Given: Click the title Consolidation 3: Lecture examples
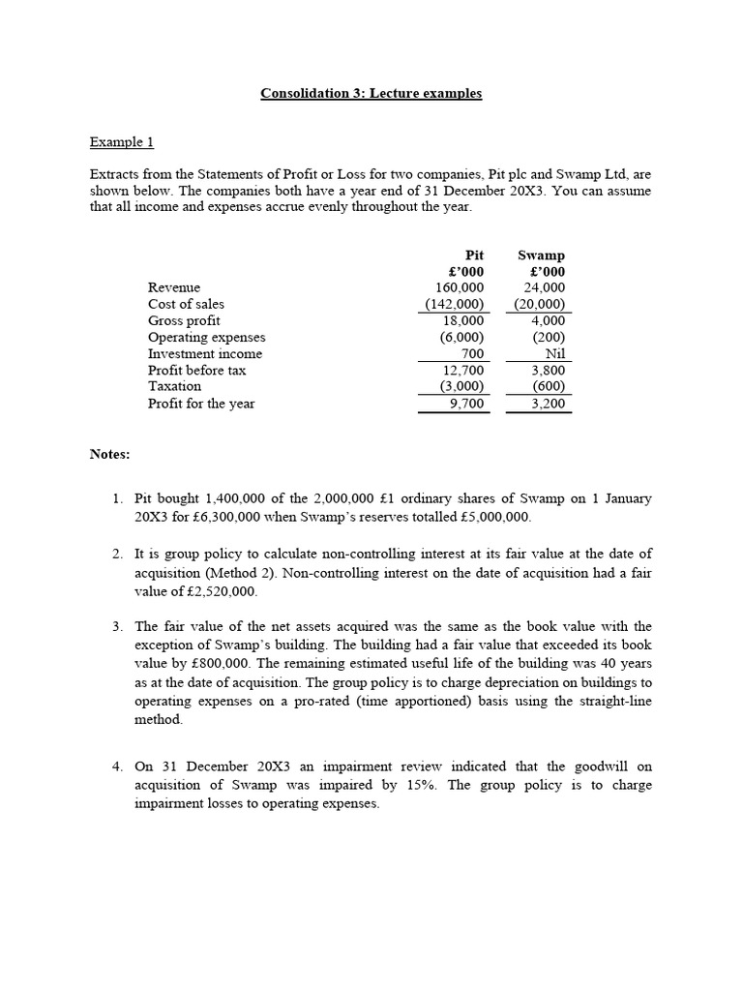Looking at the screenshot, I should tap(371, 94).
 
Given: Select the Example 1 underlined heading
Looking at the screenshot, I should tap(122, 142).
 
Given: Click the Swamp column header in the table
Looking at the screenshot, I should tap(541, 255).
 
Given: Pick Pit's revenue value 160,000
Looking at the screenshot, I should tap(460, 287).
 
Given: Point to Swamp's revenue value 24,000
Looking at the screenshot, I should tap(545, 287).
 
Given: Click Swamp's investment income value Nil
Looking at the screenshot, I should tap(554, 354).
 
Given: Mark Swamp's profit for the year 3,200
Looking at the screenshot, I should tap(549, 404).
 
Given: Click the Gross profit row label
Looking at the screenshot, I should tap(184, 320).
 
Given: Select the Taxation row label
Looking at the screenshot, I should tap(174, 386).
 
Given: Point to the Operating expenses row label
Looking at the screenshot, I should tap(206, 337).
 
